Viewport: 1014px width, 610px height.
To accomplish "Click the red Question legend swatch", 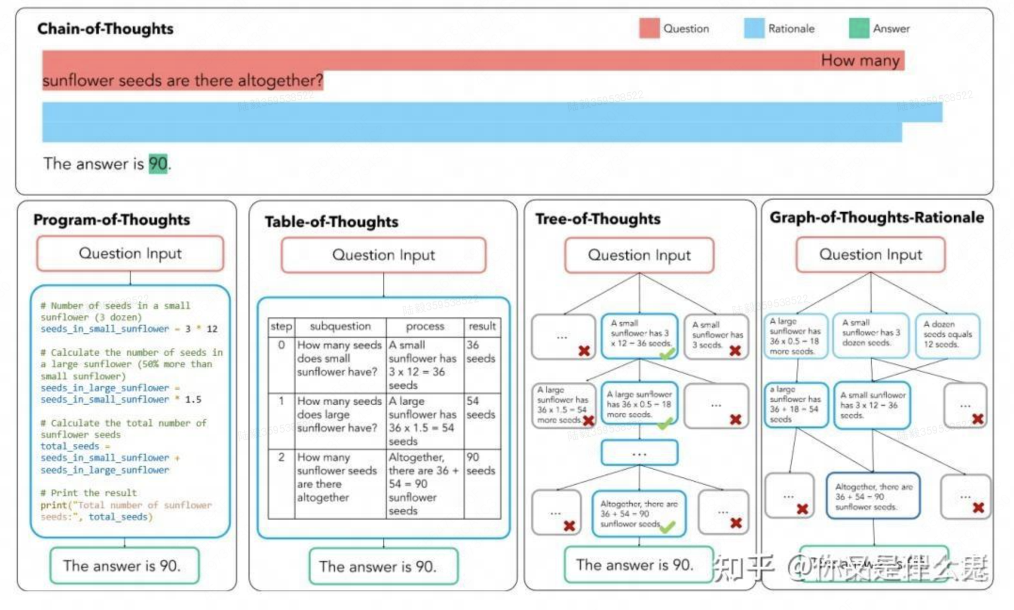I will pyautogui.click(x=649, y=28).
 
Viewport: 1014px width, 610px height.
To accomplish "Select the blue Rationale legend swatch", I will pyautogui.click(x=754, y=28).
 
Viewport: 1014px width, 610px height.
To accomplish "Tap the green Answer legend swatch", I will pyautogui.click(x=859, y=28).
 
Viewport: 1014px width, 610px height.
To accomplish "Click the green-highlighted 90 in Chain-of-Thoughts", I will pyautogui.click(x=158, y=164).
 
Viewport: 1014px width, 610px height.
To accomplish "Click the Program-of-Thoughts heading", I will pyautogui.click(x=112, y=220).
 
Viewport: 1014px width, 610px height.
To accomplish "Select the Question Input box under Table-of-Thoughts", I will pyautogui.click(x=383, y=255).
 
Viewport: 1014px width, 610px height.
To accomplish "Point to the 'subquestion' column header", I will pyautogui.click(x=340, y=326).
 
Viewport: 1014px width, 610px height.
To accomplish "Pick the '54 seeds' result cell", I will pyautogui.click(x=481, y=408).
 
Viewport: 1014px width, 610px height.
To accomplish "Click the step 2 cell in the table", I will pyautogui.click(x=281, y=457).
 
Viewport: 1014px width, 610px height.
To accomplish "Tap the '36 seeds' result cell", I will pyautogui.click(x=481, y=352).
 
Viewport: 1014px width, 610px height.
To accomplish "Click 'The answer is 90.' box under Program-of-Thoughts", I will pyautogui.click(x=124, y=565).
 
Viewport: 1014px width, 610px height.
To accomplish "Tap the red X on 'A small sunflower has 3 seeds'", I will pyautogui.click(x=735, y=351).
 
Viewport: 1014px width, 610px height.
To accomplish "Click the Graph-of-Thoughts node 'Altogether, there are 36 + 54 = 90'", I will pyautogui.click(x=873, y=496).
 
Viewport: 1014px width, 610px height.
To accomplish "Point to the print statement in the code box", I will pyautogui.click(x=125, y=511).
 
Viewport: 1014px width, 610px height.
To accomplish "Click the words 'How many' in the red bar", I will pyautogui.click(x=860, y=61).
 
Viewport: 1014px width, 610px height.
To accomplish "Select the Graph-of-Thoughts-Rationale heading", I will pyautogui.click(x=877, y=217).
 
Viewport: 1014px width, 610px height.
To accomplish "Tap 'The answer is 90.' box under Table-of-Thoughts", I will pyautogui.click(x=383, y=566).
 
